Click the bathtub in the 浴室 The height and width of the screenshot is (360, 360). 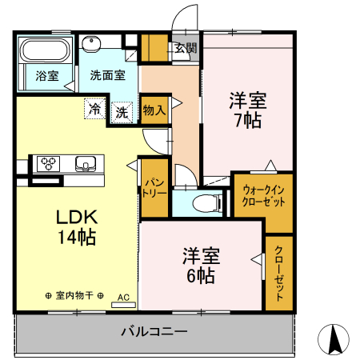44,52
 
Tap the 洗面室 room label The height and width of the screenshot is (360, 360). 106,76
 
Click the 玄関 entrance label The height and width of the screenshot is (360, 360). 186,47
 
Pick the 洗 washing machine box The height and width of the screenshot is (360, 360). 122,111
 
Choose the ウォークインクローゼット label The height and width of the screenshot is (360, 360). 263,196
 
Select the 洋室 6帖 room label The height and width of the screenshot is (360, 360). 198,266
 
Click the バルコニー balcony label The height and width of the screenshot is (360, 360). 154,330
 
